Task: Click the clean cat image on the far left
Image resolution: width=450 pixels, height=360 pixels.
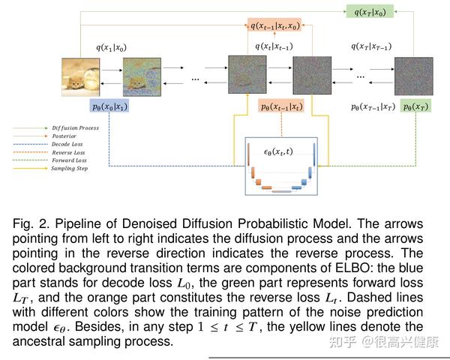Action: [80, 76]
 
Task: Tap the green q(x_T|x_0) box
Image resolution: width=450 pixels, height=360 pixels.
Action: [370, 13]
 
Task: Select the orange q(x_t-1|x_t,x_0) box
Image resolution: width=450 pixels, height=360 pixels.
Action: [274, 26]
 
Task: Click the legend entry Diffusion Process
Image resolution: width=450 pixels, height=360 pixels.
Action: [75, 128]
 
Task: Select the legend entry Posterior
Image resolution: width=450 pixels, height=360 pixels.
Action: [65, 136]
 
